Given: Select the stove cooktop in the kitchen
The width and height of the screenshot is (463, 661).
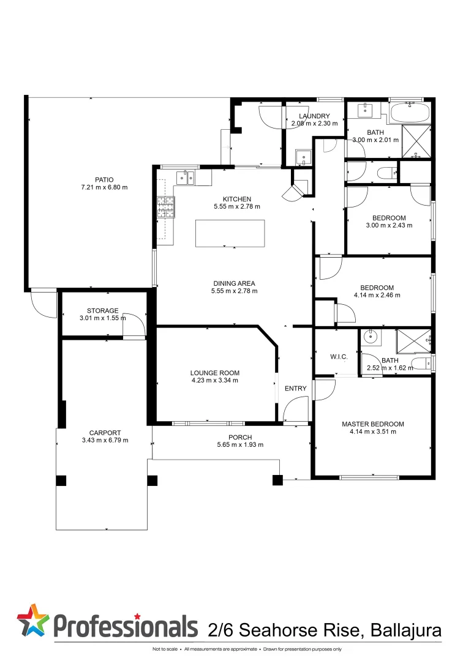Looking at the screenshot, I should (x=165, y=207).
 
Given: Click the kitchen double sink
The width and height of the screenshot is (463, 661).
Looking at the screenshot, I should (x=184, y=178).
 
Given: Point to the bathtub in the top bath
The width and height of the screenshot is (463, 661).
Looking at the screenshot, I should (x=410, y=113).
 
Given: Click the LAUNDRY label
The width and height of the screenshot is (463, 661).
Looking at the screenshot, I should (x=314, y=116).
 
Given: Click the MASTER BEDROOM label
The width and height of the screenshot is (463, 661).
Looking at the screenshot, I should (x=372, y=424).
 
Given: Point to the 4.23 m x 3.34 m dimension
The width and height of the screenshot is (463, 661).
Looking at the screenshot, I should (x=214, y=380).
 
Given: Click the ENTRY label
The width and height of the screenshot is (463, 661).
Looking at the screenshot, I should (x=295, y=389).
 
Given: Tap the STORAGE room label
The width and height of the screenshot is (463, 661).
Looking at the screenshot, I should (x=102, y=311).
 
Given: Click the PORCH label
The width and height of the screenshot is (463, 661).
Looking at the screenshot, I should (x=240, y=437).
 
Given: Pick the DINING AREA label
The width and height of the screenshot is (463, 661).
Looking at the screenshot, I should (x=234, y=283).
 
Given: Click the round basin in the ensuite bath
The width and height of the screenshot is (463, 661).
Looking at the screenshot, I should (x=371, y=336).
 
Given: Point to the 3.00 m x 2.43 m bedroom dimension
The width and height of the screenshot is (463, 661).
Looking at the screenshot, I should (x=389, y=225).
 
